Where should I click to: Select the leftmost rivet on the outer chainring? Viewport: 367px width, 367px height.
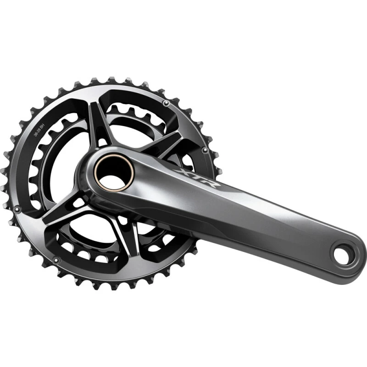coord(17,209)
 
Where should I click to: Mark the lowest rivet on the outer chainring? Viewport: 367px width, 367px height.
coord(56,260)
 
